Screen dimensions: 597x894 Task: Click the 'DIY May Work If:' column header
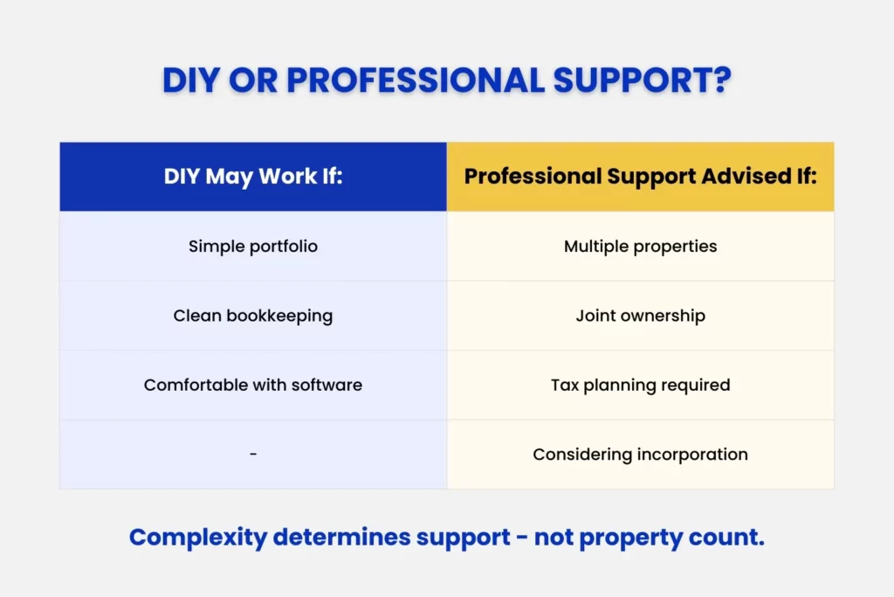point(253,177)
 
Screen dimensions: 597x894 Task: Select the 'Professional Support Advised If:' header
point(640,177)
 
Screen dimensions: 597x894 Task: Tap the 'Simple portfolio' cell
point(253,246)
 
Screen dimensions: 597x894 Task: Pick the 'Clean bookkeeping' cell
point(253,316)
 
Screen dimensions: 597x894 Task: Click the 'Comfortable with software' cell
point(253,385)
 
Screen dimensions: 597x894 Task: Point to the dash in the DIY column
point(253,455)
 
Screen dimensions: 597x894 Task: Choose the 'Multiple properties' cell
point(640,246)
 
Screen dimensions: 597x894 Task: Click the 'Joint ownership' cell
point(640,316)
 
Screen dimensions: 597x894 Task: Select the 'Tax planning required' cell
point(640,385)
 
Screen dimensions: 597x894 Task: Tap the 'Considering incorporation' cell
point(640,455)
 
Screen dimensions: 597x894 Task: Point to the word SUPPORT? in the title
point(651,80)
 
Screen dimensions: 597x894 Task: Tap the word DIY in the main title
point(193,80)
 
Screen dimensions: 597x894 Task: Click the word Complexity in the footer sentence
point(197,538)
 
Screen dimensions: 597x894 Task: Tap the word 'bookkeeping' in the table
point(279,316)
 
